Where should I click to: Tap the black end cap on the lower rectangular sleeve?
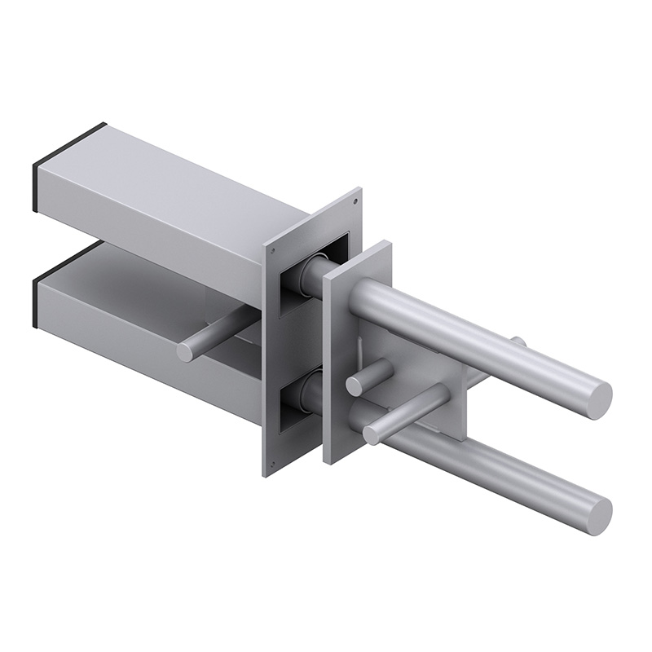tap(34, 302)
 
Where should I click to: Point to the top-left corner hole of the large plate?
tap(274, 247)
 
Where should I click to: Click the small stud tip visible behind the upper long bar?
tap(518, 341)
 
